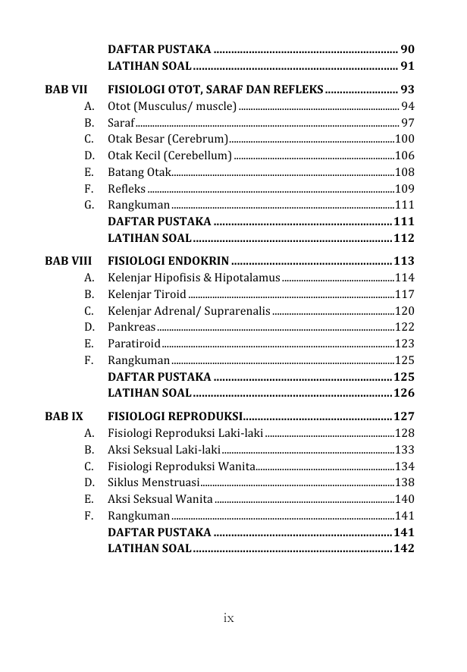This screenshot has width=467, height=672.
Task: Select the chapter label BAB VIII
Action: click(66, 261)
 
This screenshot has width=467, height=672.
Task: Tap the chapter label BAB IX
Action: click(64, 416)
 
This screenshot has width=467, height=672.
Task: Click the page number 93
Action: click(407, 89)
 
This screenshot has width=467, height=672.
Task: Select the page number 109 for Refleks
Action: click(405, 188)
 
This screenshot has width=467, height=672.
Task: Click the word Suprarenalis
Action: click(238, 311)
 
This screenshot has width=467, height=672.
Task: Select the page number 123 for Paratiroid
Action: click(405, 344)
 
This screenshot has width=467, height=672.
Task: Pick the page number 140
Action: click(405, 498)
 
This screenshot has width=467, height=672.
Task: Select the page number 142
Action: click(404, 548)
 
